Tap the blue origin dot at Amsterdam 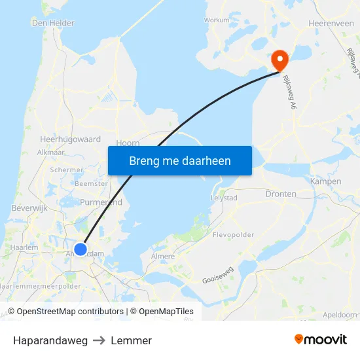[x=81, y=249]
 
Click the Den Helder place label [x=53, y=23]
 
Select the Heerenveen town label [x=331, y=23]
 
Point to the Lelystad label [x=224, y=197]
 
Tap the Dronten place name [x=281, y=194]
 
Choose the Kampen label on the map [x=325, y=181]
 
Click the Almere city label [x=164, y=257]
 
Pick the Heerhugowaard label [x=70, y=139]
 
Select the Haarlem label [x=25, y=247]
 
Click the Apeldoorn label [x=340, y=315]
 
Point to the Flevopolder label [x=233, y=234]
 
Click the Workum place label [x=217, y=20]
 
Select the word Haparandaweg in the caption [x=50, y=340]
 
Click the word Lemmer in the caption [x=131, y=340]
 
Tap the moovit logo [x=320, y=340]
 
